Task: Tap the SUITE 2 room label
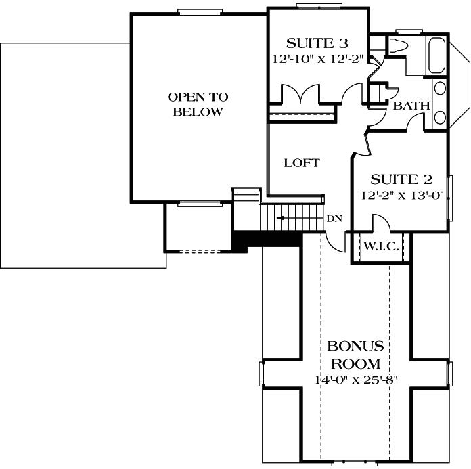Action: coord(401,180)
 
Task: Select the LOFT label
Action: coord(301,163)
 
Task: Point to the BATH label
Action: coord(411,106)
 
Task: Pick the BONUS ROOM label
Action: coord(355,354)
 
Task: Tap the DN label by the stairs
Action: coord(334,219)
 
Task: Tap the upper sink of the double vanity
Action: coord(440,88)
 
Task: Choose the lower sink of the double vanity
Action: coord(440,117)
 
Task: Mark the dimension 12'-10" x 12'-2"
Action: coord(317,59)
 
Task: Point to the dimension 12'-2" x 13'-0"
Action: coord(401,196)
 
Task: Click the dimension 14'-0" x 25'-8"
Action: coord(355,380)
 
